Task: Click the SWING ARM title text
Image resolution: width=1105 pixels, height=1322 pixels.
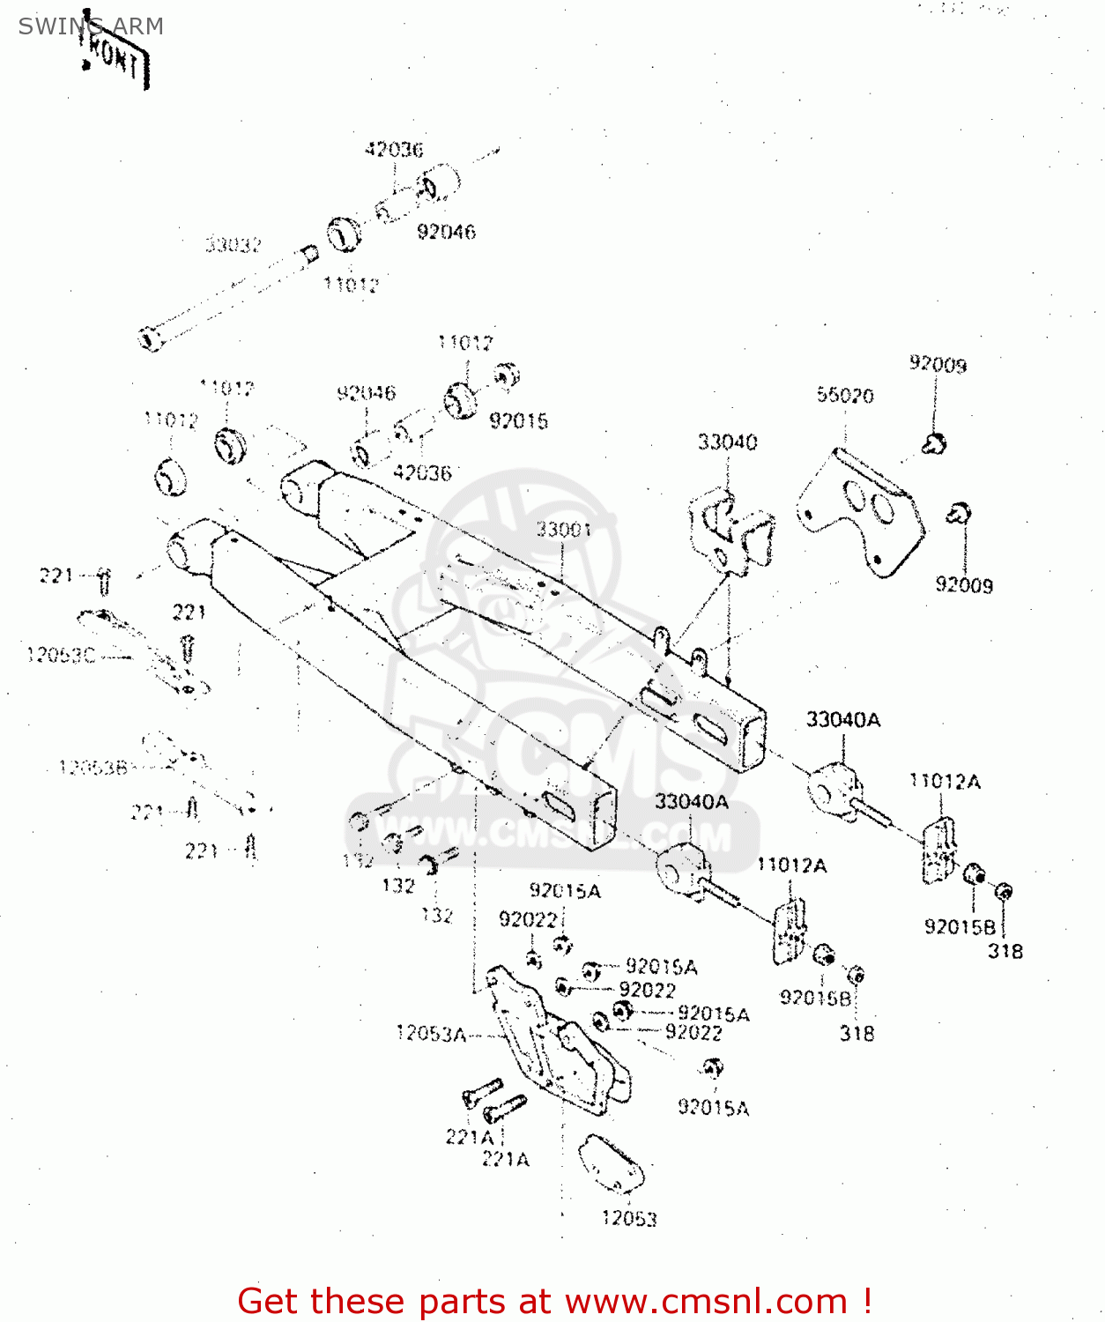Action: point(91,26)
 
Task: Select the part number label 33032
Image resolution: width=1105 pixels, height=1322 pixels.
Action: point(234,245)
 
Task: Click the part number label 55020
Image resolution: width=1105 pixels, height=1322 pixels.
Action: point(845,395)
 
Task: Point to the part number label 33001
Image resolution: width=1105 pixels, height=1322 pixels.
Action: point(564,529)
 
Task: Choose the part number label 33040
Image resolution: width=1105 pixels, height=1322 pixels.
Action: point(727,442)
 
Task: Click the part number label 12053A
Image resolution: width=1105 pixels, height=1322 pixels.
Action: point(431,1033)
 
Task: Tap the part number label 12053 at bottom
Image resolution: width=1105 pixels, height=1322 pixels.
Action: point(629,1218)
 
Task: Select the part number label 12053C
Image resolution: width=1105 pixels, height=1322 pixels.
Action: point(61,655)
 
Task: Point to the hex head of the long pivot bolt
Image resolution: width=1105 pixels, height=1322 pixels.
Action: point(151,338)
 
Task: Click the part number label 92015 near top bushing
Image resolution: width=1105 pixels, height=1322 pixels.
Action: point(519,420)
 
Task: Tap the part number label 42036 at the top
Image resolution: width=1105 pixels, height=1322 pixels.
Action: point(394,149)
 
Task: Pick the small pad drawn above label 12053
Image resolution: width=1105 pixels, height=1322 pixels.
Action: point(611,1163)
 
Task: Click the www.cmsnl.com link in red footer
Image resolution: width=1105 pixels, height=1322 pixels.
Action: point(706,1301)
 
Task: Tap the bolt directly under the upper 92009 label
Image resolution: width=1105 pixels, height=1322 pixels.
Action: point(934,443)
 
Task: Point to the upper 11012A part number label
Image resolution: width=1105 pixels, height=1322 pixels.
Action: point(945,781)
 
